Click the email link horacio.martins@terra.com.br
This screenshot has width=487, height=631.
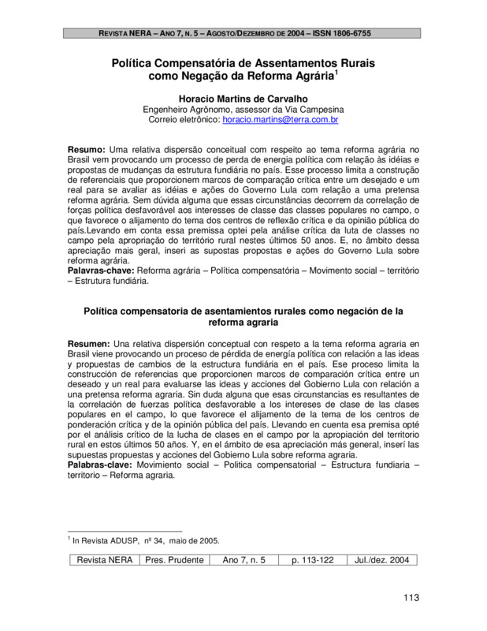tap(270, 121)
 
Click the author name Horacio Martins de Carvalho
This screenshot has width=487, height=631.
tap(243, 98)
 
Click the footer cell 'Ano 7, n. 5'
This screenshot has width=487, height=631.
tap(244, 560)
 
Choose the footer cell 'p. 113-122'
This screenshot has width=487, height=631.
tap(314, 560)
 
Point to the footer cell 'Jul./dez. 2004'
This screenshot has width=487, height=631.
tap(381, 560)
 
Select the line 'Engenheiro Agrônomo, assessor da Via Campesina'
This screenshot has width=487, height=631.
tap(243, 110)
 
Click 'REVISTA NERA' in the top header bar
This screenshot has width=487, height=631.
tap(127, 33)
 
